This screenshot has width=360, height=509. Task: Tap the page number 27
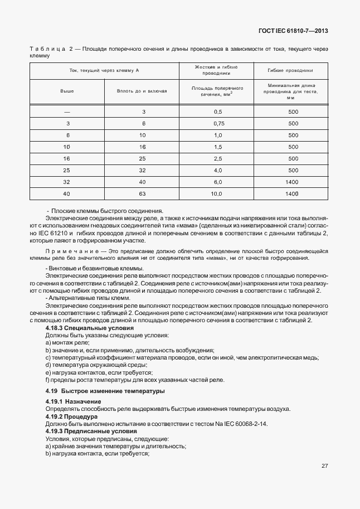click(x=324, y=466)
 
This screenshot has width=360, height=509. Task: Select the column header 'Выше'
click(x=67, y=90)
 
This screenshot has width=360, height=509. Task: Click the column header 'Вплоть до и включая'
click(x=142, y=90)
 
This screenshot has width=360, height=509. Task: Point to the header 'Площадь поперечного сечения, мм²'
click(x=216, y=91)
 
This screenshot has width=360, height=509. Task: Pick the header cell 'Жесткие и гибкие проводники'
click(x=216, y=70)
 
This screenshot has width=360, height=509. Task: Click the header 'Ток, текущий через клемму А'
click(x=104, y=70)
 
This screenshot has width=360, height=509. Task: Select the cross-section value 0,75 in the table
click(x=218, y=123)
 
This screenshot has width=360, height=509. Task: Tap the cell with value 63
click(x=143, y=193)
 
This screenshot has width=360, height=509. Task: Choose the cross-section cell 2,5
click(x=218, y=158)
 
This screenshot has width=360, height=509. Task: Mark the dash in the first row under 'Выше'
click(x=67, y=112)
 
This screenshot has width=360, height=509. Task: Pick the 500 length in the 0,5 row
click(x=293, y=112)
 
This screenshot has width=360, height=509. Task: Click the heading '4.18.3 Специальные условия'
click(x=89, y=328)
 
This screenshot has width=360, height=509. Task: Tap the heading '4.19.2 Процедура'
click(x=71, y=416)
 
